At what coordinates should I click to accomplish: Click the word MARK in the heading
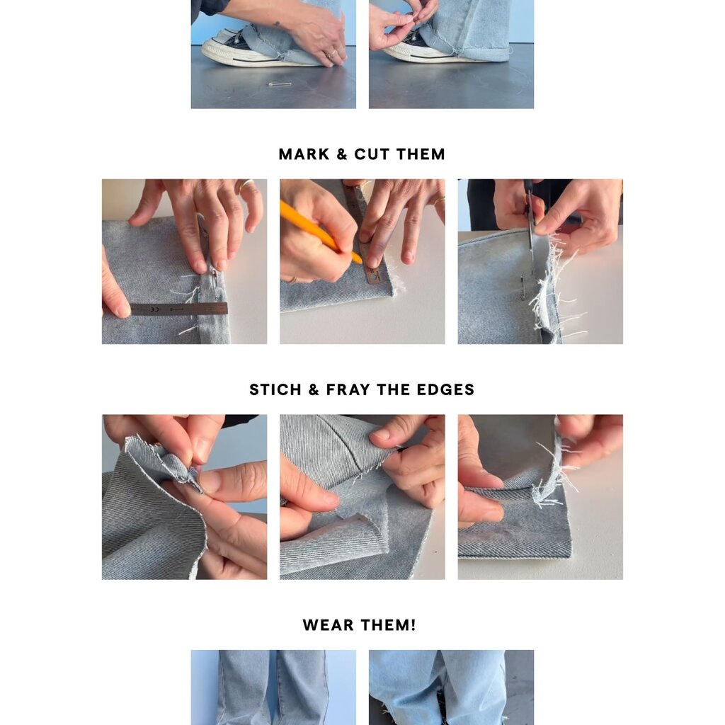pos(304,154)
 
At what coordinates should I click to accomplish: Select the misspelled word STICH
pos(275,389)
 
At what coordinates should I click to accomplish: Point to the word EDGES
pos(445,389)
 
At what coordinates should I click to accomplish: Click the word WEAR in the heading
pos(329,624)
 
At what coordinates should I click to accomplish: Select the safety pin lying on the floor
pos(280,84)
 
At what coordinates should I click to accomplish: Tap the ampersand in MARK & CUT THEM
pos(342,154)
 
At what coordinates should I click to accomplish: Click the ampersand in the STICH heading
pos(314,389)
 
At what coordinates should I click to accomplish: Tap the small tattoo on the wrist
pos(276,24)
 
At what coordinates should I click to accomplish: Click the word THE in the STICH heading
pos(394,389)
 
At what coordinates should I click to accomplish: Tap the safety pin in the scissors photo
pos(523,286)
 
